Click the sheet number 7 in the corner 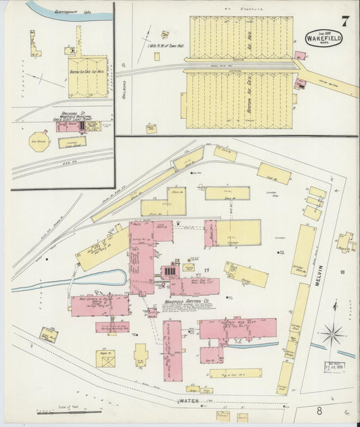click(345, 20)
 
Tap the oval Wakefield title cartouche click(324, 37)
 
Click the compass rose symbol click(332, 334)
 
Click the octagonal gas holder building click(38, 141)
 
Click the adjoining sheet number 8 click(317, 409)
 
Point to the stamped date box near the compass click(334, 368)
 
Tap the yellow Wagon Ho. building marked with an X click(105, 357)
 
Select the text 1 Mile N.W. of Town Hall click(166, 47)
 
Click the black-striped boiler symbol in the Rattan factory click(170, 272)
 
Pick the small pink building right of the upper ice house click(299, 56)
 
